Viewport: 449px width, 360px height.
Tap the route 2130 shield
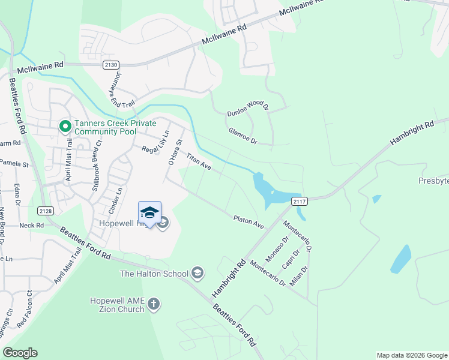click(x=110, y=65)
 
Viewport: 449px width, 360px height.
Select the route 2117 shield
click(x=300, y=202)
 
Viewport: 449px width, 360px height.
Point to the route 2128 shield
click(x=44, y=211)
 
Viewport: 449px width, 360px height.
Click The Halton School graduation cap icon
click(x=197, y=274)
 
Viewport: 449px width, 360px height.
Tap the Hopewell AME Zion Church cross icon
click(x=154, y=304)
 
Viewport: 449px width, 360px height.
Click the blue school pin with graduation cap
click(x=149, y=213)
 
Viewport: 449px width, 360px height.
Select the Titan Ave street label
click(x=198, y=161)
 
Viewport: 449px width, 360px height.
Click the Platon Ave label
click(x=249, y=221)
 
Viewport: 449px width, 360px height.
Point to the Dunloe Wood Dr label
click(x=247, y=109)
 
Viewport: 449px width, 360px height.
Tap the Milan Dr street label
click(x=300, y=274)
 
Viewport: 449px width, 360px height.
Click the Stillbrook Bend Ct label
click(x=95, y=157)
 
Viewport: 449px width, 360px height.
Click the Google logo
click(x=20, y=353)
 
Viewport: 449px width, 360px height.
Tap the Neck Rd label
click(x=32, y=226)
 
